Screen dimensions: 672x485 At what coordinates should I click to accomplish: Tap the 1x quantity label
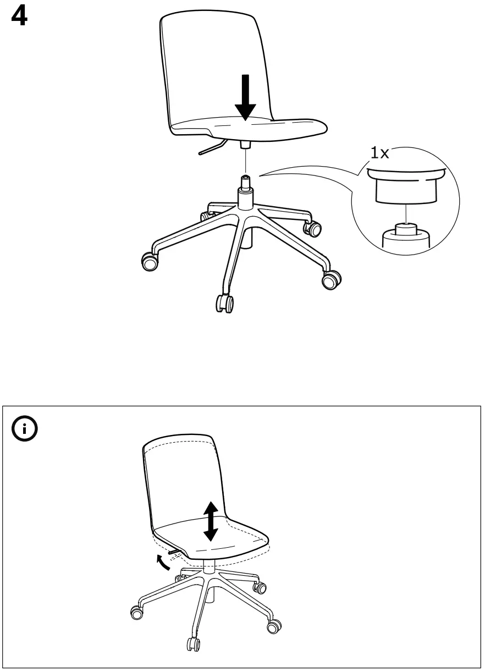[x=379, y=153]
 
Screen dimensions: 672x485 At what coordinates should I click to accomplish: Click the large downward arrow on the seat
[x=245, y=98]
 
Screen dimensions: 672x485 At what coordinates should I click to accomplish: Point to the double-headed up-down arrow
[x=211, y=520]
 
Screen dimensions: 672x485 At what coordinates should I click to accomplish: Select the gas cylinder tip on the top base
[x=245, y=181]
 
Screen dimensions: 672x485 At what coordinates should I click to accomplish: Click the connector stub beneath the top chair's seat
[x=245, y=144]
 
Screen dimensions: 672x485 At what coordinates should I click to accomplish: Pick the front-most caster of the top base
[x=225, y=303]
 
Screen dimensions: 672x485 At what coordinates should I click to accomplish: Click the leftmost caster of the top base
[x=148, y=262]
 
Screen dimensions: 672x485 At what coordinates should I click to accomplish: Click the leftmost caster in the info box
[x=135, y=612]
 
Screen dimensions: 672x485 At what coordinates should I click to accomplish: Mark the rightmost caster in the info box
[x=273, y=625]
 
